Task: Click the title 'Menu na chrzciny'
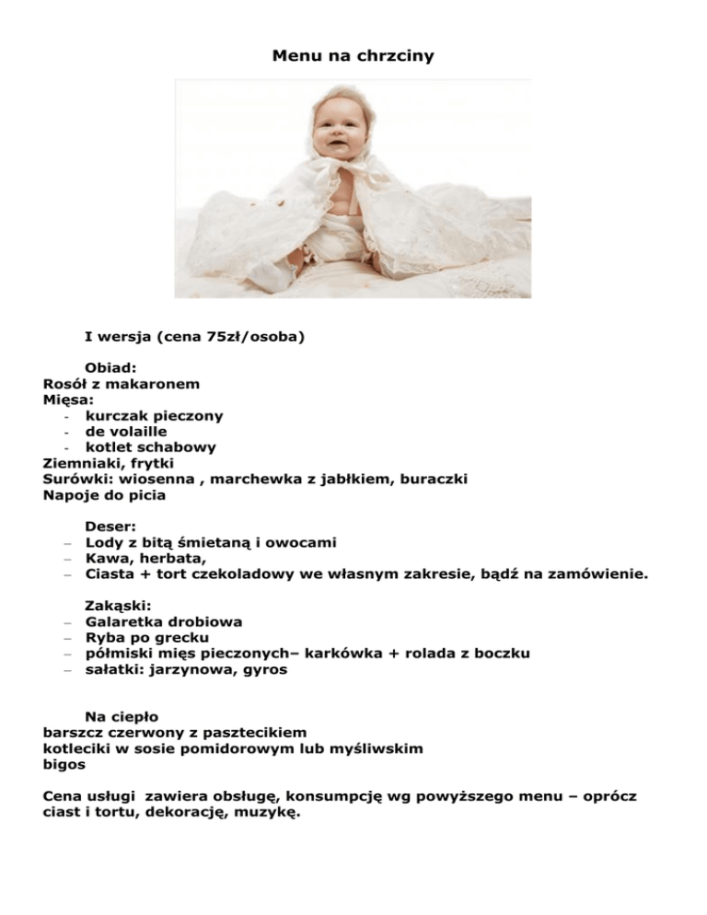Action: (x=353, y=56)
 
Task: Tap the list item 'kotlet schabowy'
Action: (x=151, y=447)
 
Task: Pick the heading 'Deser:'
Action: (x=111, y=527)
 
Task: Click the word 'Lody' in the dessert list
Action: (x=104, y=543)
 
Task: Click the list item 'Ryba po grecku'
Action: (x=146, y=638)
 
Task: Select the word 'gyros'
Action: (x=265, y=669)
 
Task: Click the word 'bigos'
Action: (x=64, y=764)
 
